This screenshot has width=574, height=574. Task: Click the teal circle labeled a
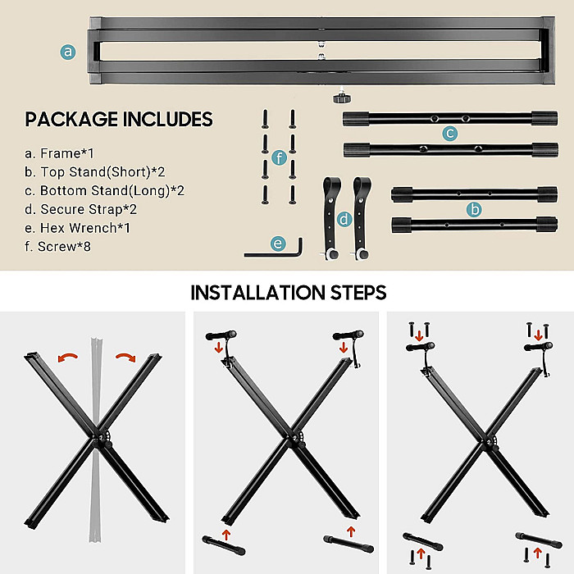68,52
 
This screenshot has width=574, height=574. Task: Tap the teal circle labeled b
474,209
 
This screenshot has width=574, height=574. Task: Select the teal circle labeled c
450,133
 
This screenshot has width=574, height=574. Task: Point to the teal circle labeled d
344,219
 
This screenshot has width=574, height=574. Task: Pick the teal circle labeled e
278,244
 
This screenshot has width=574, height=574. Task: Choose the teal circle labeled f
280,157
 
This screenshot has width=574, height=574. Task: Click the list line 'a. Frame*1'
59,153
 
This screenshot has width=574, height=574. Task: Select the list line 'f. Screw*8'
57,246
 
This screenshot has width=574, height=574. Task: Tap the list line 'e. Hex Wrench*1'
77,228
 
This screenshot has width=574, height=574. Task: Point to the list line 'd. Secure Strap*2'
80,209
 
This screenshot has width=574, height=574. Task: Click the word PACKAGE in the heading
71,120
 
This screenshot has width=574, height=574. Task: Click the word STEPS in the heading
358,293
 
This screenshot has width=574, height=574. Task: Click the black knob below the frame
342,98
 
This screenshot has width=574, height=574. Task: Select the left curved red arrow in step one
68,357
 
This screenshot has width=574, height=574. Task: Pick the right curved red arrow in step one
126,357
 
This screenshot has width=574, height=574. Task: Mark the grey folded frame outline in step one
96,440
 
